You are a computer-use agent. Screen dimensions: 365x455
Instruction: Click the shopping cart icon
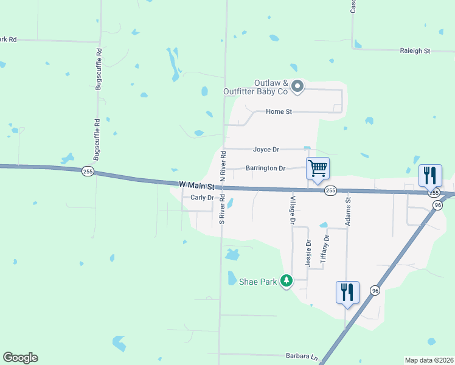pyautogui.click(x=318, y=168)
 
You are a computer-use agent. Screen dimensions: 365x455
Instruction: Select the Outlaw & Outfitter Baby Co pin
pyautogui.click(x=297, y=87)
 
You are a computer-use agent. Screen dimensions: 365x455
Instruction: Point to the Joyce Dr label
pyautogui.click(x=266, y=149)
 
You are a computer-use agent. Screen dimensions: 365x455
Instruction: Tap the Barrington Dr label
pyautogui.click(x=265, y=168)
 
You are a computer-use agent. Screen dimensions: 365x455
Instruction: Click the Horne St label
pyautogui.click(x=279, y=111)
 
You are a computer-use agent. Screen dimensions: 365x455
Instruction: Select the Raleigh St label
pyautogui.click(x=414, y=51)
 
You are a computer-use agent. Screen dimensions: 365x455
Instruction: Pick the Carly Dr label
pyautogui.click(x=202, y=198)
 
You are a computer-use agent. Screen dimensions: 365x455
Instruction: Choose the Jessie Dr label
pyautogui.click(x=308, y=251)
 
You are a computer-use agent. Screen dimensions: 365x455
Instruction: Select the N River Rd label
pyautogui.click(x=223, y=165)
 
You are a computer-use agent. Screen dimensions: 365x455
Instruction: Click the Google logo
pyautogui.click(x=20, y=358)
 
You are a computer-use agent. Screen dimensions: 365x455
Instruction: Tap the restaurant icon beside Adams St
pyautogui.click(x=347, y=292)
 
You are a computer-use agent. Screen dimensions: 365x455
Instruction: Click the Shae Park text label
pyautogui.click(x=258, y=282)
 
